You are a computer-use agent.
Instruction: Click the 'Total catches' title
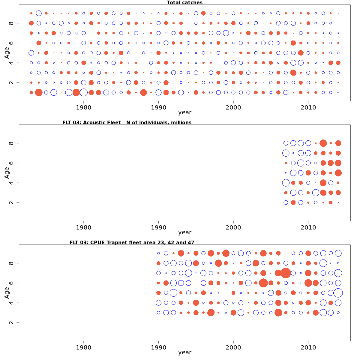coord(184,3)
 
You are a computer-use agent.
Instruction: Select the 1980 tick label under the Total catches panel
coord(83,107)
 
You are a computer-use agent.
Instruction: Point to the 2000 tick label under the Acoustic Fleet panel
coord(233,227)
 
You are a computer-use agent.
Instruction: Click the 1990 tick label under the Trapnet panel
coord(158,347)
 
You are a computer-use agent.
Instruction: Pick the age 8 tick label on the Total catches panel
coord(11,23)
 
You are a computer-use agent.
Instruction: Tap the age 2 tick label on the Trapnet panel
coord(11,322)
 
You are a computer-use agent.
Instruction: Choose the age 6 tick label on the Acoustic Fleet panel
coord(11,163)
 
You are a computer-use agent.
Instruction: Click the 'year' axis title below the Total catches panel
coord(184,112)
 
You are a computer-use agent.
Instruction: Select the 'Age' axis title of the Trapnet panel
coord(7,292)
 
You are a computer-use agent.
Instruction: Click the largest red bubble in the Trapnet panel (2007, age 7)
coord(286,273)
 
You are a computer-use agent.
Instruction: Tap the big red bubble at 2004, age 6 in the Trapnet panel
coord(263,283)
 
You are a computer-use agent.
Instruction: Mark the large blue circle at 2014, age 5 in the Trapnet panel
coord(338,293)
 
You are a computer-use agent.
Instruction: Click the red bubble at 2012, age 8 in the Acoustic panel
coord(323,143)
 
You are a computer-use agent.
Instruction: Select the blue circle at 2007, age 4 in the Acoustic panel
coord(286,183)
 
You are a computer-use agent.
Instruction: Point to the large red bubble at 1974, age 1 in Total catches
coord(39,92)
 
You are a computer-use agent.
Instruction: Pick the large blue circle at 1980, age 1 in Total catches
coord(84,92)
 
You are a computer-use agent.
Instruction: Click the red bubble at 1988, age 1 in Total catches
coord(143,92)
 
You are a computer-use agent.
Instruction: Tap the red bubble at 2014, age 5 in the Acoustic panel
coord(338,173)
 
